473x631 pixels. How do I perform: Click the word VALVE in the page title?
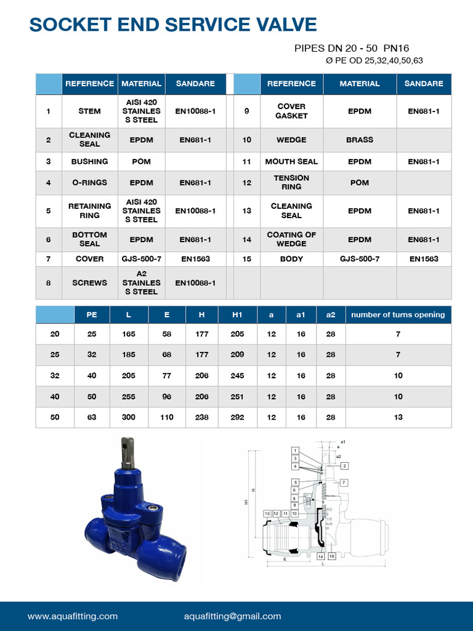click(x=280, y=25)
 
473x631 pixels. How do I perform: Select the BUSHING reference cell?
click(x=89, y=161)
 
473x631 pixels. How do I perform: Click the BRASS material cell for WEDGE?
click(x=360, y=140)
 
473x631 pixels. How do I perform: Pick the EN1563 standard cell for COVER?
click(x=195, y=259)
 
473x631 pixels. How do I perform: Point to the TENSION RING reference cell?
click(x=291, y=182)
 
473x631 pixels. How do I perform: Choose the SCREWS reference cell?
click(x=89, y=283)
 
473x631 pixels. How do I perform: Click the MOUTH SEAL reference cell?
click(x=291, y=161)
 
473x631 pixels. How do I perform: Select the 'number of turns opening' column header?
click(x=398, y=315)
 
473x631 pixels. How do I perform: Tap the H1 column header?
click(x=238, y=315)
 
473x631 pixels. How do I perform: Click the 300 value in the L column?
click(x=128, y=417)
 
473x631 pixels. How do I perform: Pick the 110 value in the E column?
click(x=167, y=417)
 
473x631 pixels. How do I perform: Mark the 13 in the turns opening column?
click(x=398, y=417)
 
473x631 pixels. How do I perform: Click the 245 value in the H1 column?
click(x=238, y=375)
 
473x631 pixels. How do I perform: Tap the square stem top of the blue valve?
click(x=128, y=445)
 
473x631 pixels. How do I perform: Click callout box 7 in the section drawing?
click(x=344, y=482)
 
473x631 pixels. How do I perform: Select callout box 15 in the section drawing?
click(x=332, y=556)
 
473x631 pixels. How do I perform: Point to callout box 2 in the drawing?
click(x=345, y=466)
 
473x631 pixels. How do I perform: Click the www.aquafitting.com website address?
click(x=73, y=616)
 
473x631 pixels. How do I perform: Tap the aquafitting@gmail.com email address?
click(x=232, y=616)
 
